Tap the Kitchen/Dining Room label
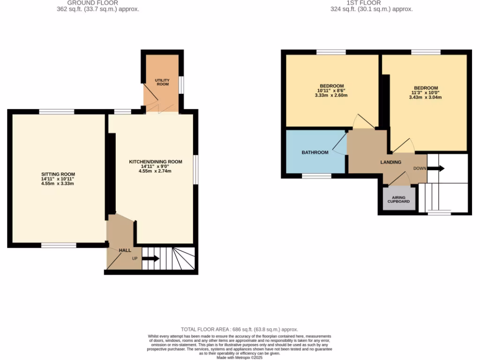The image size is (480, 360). tap(155, 162)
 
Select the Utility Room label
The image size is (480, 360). tap(162, 82)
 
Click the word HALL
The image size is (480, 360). tap(125, 251)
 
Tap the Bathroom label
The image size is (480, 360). tap(315, 152)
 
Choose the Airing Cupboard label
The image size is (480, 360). tap(398, 200)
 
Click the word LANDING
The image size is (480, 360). tap(390, 162)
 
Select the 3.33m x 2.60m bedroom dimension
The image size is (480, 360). tap(331, 95)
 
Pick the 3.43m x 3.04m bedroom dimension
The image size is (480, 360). tap(426, 97)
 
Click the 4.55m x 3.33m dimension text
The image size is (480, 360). tap(58, 183)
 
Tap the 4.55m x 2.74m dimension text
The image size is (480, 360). tap(155, 171)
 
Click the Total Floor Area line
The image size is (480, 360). tap(240, 330)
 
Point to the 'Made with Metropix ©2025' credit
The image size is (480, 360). tap(240, 358)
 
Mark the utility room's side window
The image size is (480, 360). tap(181, 85)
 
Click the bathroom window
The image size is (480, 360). tap(316, 176)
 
